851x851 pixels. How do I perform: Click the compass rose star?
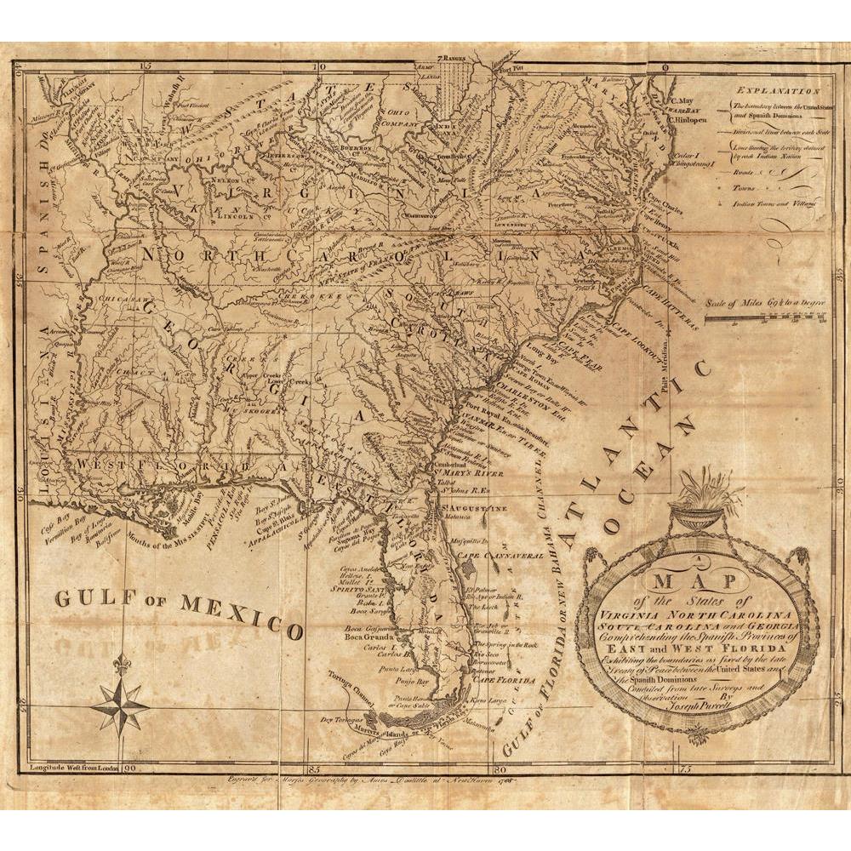pos(119,704)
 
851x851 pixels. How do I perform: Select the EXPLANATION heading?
pos(778,90)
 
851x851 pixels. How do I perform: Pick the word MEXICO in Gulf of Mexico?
pos(242,614)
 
